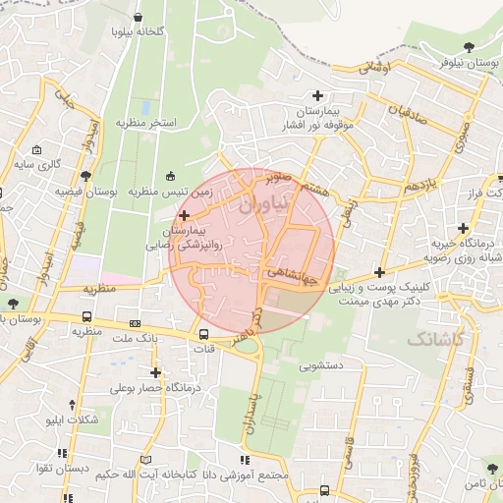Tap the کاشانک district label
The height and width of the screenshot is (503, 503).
tap(437, 338)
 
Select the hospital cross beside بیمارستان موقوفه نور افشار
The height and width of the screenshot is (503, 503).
tap(316, 95)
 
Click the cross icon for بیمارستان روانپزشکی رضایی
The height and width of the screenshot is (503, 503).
tap(184, 213)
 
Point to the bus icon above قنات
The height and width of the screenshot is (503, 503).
tap(203, 332)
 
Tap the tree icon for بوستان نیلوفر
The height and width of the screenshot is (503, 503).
tap(469, 45)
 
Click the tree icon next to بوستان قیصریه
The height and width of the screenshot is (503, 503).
tap(87, 176)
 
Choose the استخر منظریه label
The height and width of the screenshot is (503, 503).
tap(145, 124)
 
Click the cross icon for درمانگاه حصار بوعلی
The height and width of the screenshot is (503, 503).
tap(155, 372)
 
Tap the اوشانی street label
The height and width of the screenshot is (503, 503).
tap(374, 67)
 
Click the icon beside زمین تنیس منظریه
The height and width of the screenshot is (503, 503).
tap(172, 176)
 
